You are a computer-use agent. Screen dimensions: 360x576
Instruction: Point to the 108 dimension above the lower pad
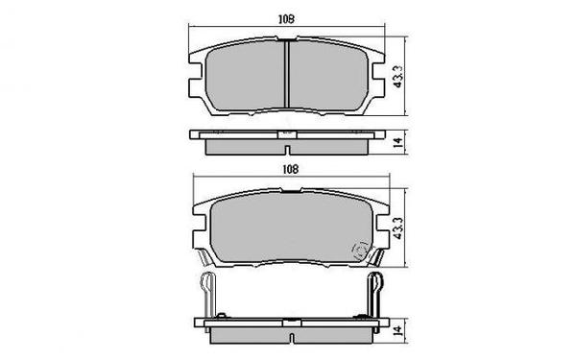[288, 169]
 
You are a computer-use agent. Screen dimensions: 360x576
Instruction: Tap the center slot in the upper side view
[288, 142]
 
